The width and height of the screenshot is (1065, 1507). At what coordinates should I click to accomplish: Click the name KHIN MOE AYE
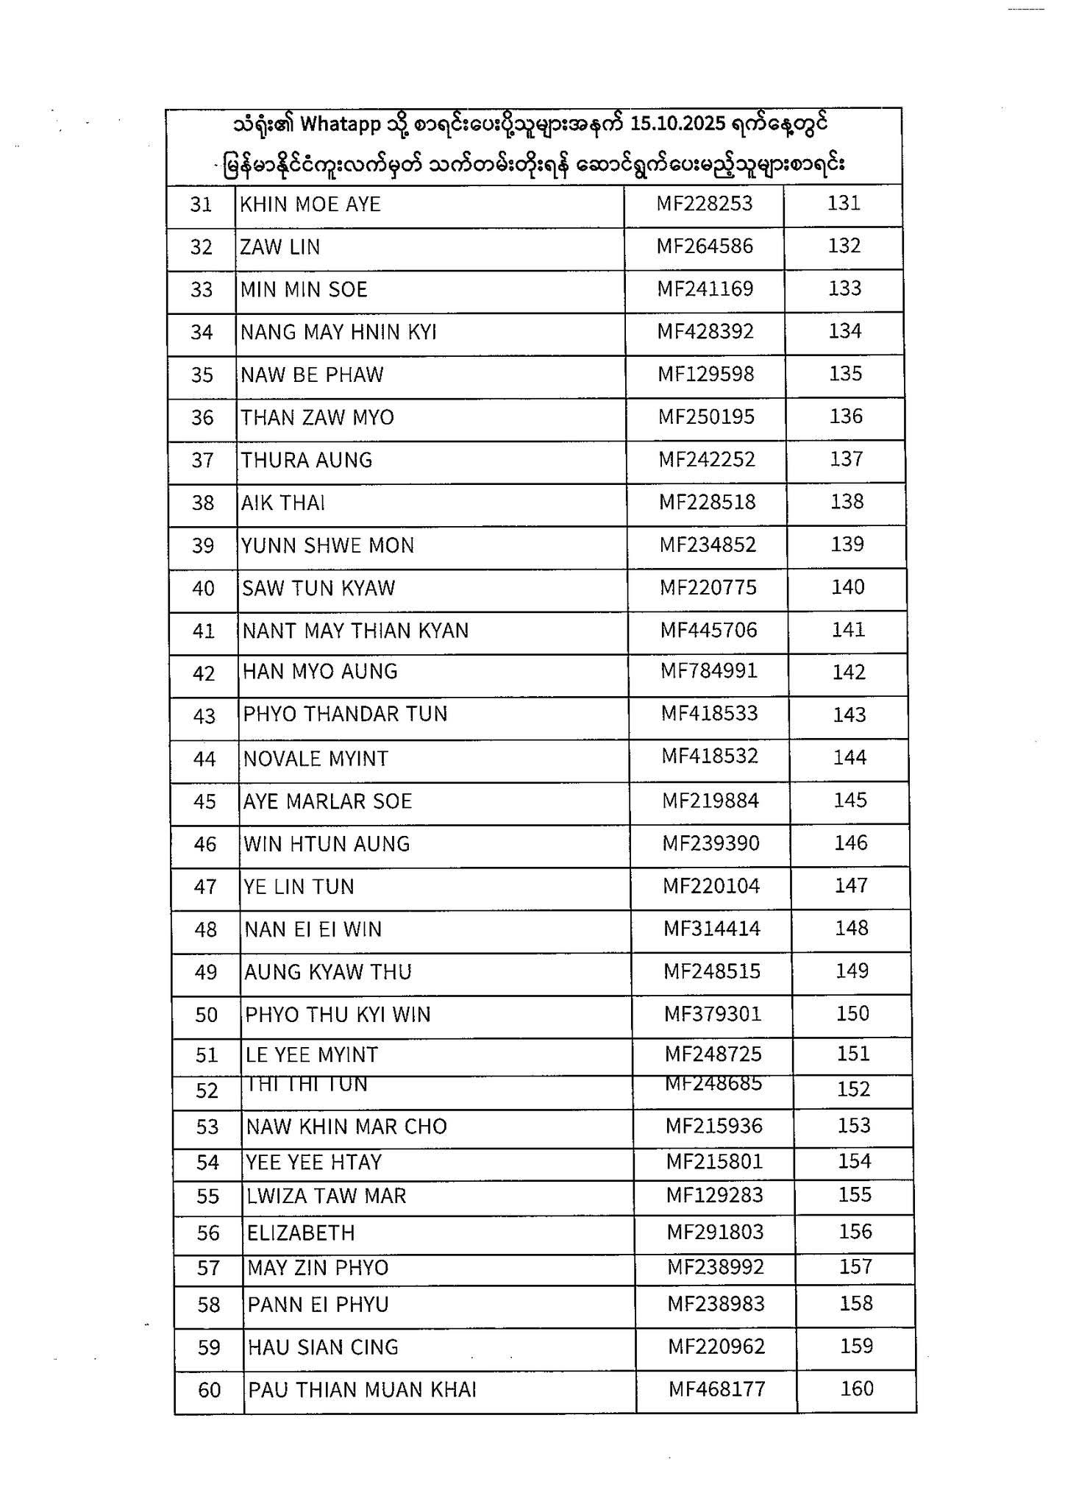coord(310,204)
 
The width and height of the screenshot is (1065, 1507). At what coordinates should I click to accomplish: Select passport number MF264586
coord(705,246)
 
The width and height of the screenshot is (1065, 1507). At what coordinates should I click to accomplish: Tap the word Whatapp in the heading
coord(340,124)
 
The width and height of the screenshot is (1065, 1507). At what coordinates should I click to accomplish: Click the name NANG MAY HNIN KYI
coord(338,333)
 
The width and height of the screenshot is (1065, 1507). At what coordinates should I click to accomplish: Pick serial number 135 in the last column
coord(845,374)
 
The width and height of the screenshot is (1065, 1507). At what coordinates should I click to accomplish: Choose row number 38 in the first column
coord(202,503)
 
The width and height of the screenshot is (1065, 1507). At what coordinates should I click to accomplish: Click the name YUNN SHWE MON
coord(328,545)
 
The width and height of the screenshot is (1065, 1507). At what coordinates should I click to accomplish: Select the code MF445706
coord(708,630)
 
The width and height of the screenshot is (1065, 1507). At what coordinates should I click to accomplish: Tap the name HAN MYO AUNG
coord(320,672)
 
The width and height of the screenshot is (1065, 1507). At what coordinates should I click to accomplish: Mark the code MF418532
coord(710,756)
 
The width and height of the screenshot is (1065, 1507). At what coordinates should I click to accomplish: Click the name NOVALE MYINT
coord(316,759)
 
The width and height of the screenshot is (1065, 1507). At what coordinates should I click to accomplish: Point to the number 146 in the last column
coord(851,843)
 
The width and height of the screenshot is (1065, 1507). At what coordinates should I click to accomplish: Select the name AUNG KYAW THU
coord(328,972)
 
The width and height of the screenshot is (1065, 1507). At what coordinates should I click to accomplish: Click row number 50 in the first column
coord(207,1015)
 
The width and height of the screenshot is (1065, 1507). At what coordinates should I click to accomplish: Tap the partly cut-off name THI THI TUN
coord(307,1085)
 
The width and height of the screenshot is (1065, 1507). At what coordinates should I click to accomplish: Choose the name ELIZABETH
coord(301,1233)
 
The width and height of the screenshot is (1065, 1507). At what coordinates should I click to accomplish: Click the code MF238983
coord(716,1304)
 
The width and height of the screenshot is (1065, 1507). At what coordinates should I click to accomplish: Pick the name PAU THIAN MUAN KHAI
coord(362,1390)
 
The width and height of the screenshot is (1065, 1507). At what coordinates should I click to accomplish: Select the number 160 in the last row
coord(857,1389)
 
